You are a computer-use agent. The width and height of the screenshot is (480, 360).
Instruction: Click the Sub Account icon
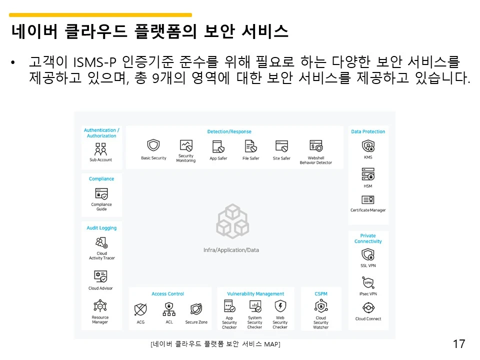pyautogui.click(x=101, y=149)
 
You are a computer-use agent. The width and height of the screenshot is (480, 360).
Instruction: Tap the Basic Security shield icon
pyautogui.click(x=153, y=146)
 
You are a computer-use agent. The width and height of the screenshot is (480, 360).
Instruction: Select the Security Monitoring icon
pyautogui.click(x=186, y=145)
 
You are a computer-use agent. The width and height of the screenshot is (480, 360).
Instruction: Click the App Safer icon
pyautogui.click(x=218, y=146)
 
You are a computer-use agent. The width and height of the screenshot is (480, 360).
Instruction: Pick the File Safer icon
pyautogui.click(x=250, y=146)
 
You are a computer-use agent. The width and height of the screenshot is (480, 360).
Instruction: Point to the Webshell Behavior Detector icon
pyautogui.click(x=316, y=146)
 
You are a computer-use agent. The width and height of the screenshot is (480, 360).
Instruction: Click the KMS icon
pyautogui.click(x=368, y=146)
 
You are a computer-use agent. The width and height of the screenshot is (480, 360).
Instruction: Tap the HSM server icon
pyautogui.click(x=368, y=174)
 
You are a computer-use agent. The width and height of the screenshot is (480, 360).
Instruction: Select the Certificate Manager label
pyautogui.click(x=368, y=210)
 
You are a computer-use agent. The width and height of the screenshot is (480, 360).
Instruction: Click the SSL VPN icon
pyautogui.click(x=368, y=254)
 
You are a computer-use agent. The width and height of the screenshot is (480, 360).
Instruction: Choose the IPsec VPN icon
pyautogui.click(x=368, y=282)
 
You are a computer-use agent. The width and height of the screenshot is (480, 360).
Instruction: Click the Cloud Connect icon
pyautogui.click(x=368, y=307)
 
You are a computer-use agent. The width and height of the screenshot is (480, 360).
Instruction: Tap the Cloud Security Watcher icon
pyautogui.click(x=321, y=306)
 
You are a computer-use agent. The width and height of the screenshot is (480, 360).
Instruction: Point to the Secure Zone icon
pyautogui.click(x=196, y=309)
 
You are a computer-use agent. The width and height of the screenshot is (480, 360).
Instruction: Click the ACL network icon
pyautogui.click(x=169, y=309)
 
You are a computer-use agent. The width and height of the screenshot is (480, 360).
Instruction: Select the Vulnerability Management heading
pyautogui.click(x=255, y=294)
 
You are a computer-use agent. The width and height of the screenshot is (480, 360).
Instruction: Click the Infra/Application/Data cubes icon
pyautogui.click(x=231, y=221)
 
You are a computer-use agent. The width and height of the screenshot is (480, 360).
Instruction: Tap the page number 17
pyautogui.click(x=458, y=344)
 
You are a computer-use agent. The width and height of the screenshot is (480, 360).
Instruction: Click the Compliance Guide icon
pyautogui.click(x=101, y=194)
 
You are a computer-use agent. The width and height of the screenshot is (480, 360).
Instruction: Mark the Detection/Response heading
pyautogui.click(x=229, y=131)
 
